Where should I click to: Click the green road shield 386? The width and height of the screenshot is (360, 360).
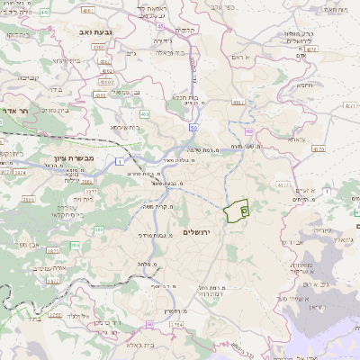75,243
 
